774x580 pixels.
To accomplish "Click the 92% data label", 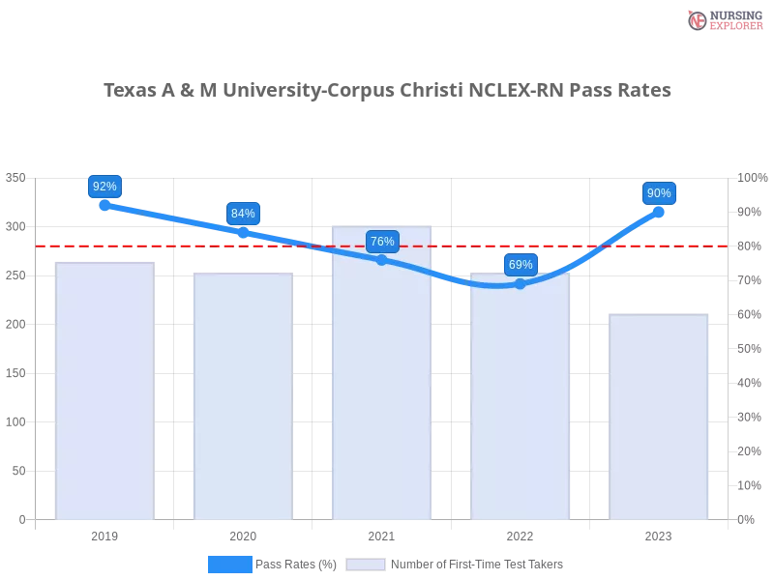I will [x=104, y=187].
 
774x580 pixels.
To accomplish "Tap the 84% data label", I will [x=243, y=214].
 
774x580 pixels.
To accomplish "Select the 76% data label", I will [x=382, y=242].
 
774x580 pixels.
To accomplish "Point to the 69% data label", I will [x=521, y=264].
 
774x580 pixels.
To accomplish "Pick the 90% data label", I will [x=659, y=193].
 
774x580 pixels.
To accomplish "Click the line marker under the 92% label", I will [x=104, y=205].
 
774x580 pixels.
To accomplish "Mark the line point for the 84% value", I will [x=243, y=232].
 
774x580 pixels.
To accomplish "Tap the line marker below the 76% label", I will [x=382, y=259].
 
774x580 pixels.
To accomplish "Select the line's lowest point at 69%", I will [x=521, y=283].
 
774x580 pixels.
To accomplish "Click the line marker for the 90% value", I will [x=659, y=212].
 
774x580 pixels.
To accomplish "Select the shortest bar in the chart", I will [x=659, y=416].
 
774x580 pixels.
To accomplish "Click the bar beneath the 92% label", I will [x=104, y=387].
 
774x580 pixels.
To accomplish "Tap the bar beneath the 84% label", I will [x=243, y=396].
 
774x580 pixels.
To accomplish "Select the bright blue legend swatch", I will [x=230, y=564].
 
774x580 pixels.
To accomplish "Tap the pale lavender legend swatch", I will [x=366, y=564].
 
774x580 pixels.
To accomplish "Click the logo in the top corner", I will [x=723, y=19].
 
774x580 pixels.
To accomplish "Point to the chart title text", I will [x=387, y=91].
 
